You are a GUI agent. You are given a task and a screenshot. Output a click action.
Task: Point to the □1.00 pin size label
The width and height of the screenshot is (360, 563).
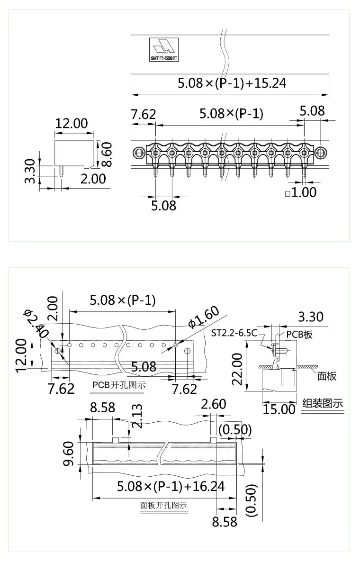300,193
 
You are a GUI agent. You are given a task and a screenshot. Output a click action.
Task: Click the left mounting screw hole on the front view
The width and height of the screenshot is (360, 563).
139,153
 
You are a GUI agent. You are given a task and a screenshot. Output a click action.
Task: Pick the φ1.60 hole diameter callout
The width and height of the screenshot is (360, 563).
204,318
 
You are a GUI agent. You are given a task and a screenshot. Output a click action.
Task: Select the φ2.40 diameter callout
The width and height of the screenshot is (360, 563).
36,324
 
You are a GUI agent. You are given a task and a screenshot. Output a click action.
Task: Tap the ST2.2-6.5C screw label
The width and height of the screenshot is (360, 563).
234,333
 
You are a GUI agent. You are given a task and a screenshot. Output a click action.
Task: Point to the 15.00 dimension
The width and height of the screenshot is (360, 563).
279,409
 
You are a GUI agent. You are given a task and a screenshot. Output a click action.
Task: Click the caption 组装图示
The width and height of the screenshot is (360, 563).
323,404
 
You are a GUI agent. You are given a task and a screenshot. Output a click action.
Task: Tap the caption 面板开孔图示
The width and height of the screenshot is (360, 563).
163,505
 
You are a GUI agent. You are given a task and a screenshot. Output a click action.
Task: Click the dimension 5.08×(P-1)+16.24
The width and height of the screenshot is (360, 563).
171,486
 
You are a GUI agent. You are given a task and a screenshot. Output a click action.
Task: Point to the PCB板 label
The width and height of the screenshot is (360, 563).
299,334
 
